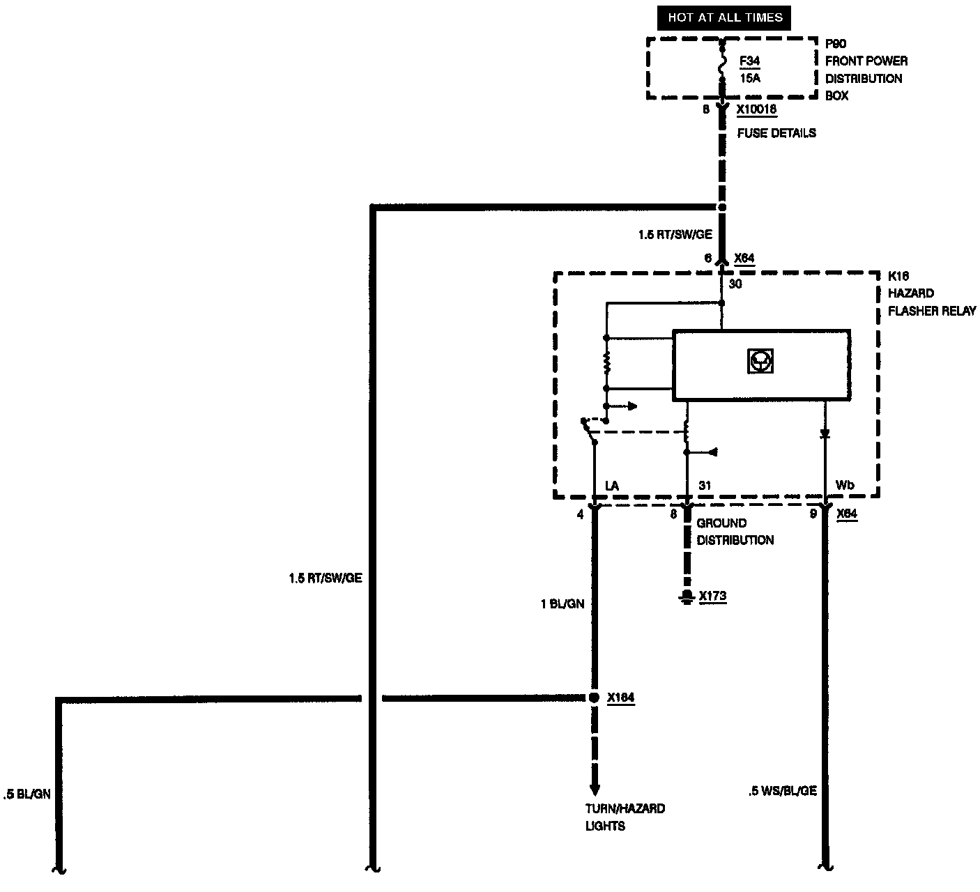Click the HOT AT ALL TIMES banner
tap(725, 17)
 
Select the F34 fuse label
tap(750, 61)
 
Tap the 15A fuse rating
tap(750, 78)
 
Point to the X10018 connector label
tap(756, 109)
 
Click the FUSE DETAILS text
tap(776, 132)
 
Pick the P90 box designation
tap(836, 44)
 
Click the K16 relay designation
tap(898, 276)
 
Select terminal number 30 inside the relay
tap(735, 284)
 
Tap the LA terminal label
tap(612, 486)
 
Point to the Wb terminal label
tap(845, 486)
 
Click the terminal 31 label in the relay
tap(704, 486)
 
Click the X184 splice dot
tap(594, 698)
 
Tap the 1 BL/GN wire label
tap(562, 604)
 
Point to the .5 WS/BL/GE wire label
tap(781, 791)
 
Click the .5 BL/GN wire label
tap(27, 794)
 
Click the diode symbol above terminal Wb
tap(825, 433)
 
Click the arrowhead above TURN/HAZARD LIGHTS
tap(594, 790)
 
